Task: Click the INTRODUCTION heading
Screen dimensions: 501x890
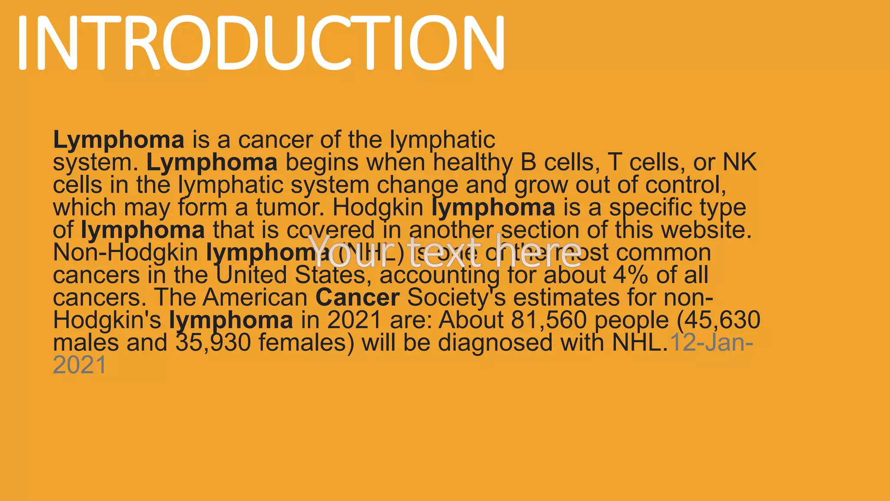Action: tap(261, 42)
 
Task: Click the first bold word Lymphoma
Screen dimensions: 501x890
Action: tap(119, 140)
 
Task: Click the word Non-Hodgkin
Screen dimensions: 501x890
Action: tap(125, 253)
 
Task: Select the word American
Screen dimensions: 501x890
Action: tap(256, 298)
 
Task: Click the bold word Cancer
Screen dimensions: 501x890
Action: tap(357, 298)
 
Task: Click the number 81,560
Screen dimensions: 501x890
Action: tap(549, 321)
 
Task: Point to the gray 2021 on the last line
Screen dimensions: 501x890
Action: tap(80, 365)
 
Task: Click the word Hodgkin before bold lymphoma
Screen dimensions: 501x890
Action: tap(378, 208)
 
